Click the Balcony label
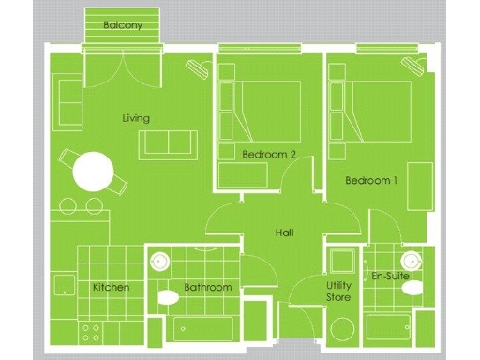click(x=124, y=25)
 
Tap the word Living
click(x=136, y=118)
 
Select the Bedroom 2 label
click(x=269, y=154)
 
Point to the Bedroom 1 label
click(x=372, y=180)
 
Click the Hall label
click(x=286, y=232)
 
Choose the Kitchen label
click(x=111, y=287)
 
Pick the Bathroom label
click(x=207, y=287)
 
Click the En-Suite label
click(x=389, y=277)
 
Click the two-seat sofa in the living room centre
click(x=169, y=143)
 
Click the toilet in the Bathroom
click(x=168, y=298)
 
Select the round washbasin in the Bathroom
click(x=159, y=262)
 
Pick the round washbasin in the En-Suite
click(x=409, y=260)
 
